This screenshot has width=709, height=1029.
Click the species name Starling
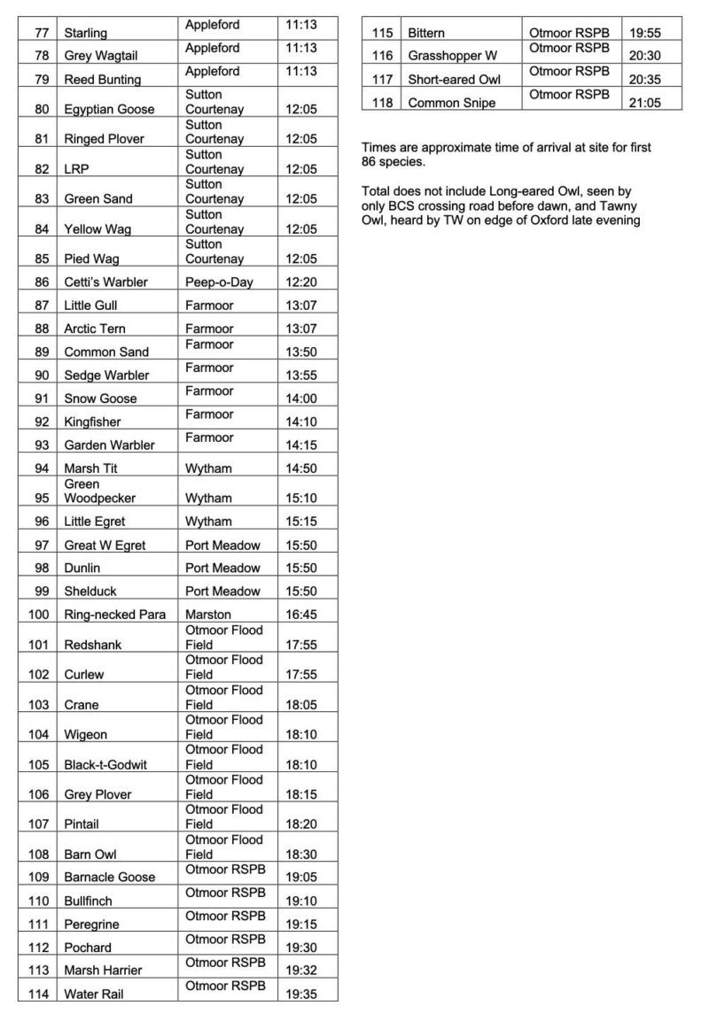[86, 34]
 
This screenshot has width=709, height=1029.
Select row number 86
[38, 282]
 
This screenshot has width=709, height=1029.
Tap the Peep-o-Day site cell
[217, 282]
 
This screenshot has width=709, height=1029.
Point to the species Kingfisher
[93, 422]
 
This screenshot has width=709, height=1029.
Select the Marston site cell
[208, 615]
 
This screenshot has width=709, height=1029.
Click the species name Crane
[82, 706]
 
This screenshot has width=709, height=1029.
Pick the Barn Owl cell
[91, 855]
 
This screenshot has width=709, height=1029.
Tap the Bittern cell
[426, 34]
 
